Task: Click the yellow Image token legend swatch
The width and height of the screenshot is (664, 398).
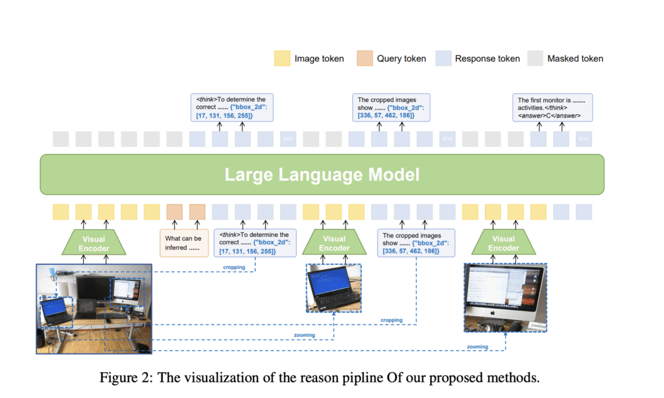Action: point(282,58)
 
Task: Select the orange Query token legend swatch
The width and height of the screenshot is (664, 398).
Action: point(365,58)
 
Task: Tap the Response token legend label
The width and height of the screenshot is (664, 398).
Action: point(487,58)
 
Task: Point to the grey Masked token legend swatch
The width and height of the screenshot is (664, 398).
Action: point(536,58)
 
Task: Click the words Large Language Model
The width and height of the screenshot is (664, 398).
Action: point(322,175)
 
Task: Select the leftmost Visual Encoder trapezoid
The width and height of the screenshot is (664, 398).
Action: point(95,243)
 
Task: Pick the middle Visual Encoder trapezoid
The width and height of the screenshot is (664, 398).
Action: point(334,243)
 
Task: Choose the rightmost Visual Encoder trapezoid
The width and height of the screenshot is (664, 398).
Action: point(503,243)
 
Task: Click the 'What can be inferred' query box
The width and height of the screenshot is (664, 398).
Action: point(183,243)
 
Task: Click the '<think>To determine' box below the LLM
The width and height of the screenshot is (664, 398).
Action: point(254,243)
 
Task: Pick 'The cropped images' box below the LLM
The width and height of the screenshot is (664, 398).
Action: point(416,243)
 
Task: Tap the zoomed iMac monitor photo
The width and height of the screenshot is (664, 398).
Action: point(505,297)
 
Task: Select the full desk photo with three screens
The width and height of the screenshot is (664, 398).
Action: point(93,308)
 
